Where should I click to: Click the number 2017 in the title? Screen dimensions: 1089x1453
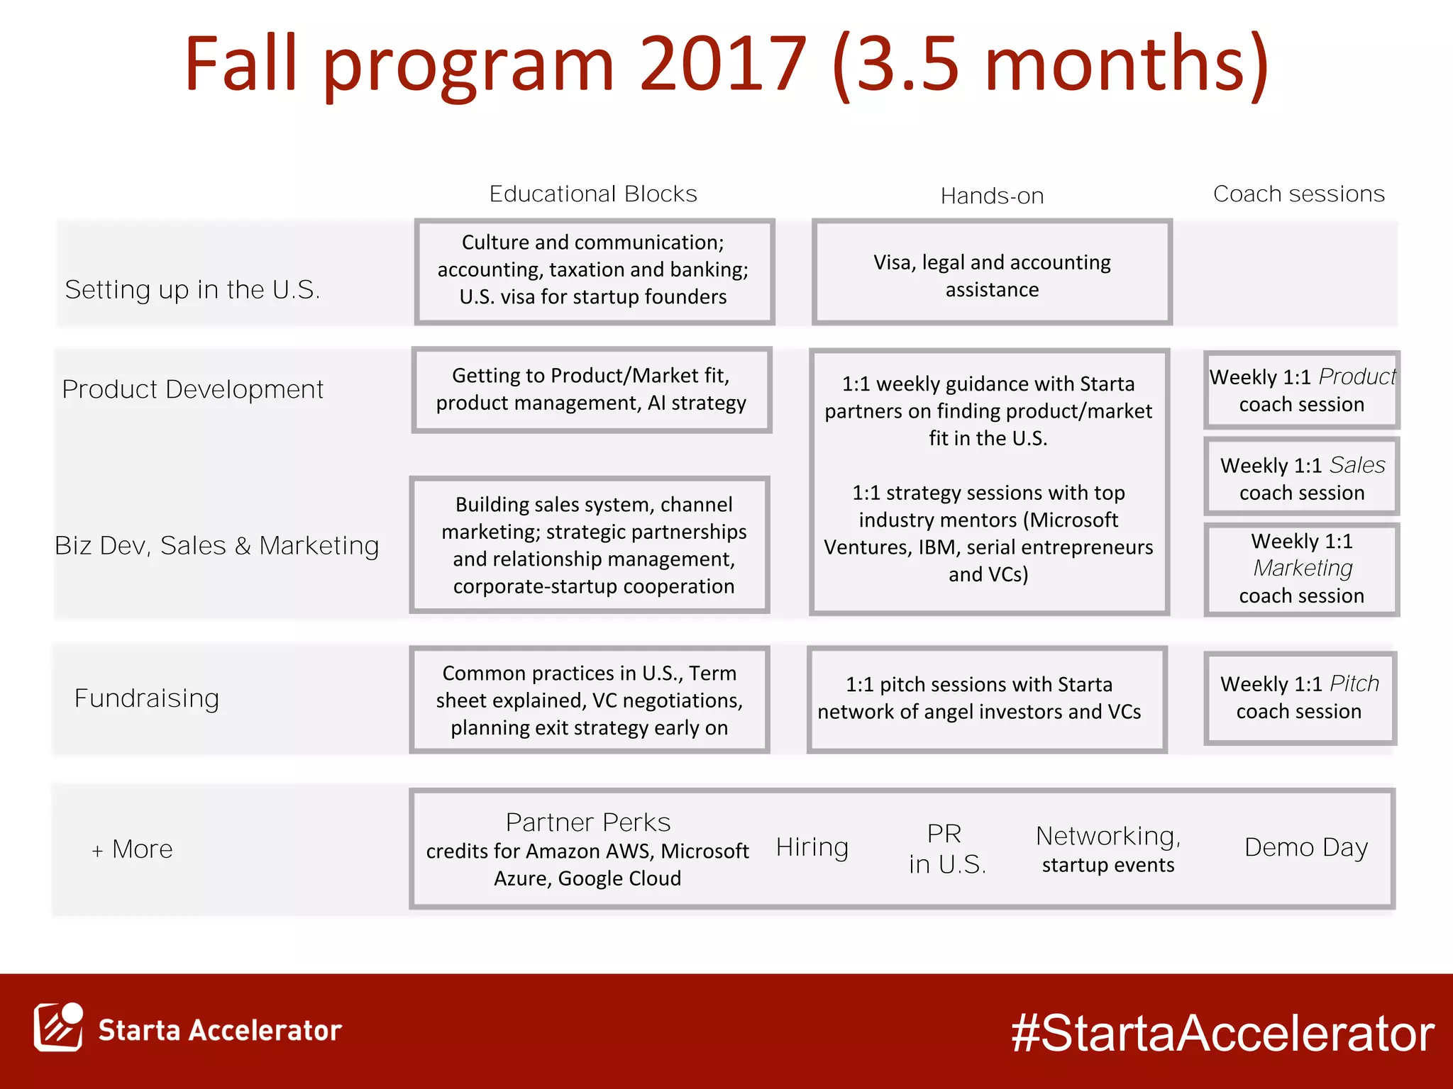click(722, 65)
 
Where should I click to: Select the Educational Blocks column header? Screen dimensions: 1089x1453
click(593, 194)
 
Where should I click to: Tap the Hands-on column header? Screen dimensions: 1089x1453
click(992, 196)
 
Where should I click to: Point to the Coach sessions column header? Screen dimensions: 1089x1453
click(1298, 194)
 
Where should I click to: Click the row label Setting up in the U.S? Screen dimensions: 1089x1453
click(192, 289)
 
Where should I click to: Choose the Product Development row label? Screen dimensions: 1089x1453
click(192, 389)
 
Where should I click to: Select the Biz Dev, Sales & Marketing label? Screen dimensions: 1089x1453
click(216, 545)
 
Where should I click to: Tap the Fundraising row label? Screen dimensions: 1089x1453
click(147, 698)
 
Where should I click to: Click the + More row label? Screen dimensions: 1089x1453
click(133, 849)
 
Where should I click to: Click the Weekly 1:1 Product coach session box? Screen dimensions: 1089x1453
click(1301, 390)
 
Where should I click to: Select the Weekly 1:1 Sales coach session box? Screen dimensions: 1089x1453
click(1301, 478)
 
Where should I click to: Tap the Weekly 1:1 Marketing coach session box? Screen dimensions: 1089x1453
click(1301, 569)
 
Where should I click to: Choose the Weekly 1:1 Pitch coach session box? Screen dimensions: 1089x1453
click(1299, 698)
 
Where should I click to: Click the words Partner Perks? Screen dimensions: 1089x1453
click(587, 822)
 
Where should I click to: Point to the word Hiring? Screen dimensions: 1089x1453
click(812, 847)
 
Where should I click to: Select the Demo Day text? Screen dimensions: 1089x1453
click(1306, 847)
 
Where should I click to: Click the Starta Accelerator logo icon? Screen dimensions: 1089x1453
click(58, 1027)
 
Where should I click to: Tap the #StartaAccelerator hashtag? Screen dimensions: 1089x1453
click(1222, 1033)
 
